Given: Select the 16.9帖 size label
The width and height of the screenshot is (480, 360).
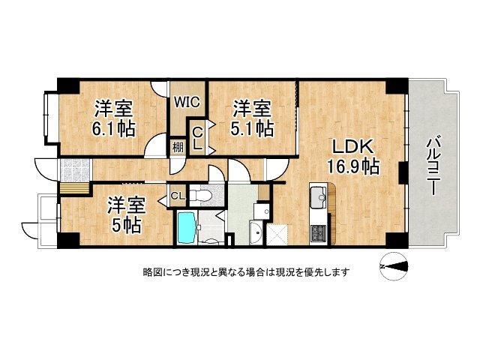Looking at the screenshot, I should [x=352, y=166].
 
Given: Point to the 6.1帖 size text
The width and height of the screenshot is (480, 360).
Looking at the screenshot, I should [x=113, y=128].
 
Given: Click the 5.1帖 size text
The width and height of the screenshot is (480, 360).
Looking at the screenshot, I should [x=252, y=128].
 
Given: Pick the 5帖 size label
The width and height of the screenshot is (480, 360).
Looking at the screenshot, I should [x=124, y=223].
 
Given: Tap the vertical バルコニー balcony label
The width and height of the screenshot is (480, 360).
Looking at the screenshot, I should [x=433, y=165].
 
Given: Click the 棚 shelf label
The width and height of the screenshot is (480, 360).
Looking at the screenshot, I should [x=177, y=146].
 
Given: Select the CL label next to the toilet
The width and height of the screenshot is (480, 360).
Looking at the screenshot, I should [x=177, y=196].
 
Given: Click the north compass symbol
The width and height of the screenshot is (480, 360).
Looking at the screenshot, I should [x=393, y=265].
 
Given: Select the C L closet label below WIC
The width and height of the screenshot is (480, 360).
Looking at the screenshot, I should [x=197, y=138].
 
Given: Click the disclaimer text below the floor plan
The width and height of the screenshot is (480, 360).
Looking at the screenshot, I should [x=245, y=271].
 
